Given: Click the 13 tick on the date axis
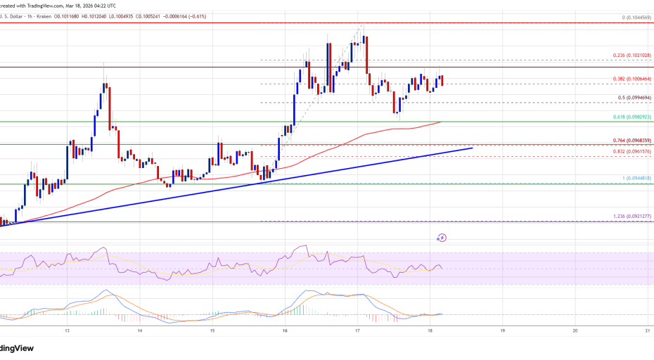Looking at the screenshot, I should [x=67, y=330].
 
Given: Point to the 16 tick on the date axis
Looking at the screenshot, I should [x=285, y=330].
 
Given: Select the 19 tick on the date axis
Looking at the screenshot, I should [x=502, y=330].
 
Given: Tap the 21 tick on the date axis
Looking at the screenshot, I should [x=647, y=330].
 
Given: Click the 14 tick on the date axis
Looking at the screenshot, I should [x=140, y=330].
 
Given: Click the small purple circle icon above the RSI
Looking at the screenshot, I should [x=442, y=238].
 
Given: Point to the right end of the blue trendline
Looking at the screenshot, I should [x=471, y=148].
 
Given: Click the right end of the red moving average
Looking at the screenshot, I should [x=441, y=122].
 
